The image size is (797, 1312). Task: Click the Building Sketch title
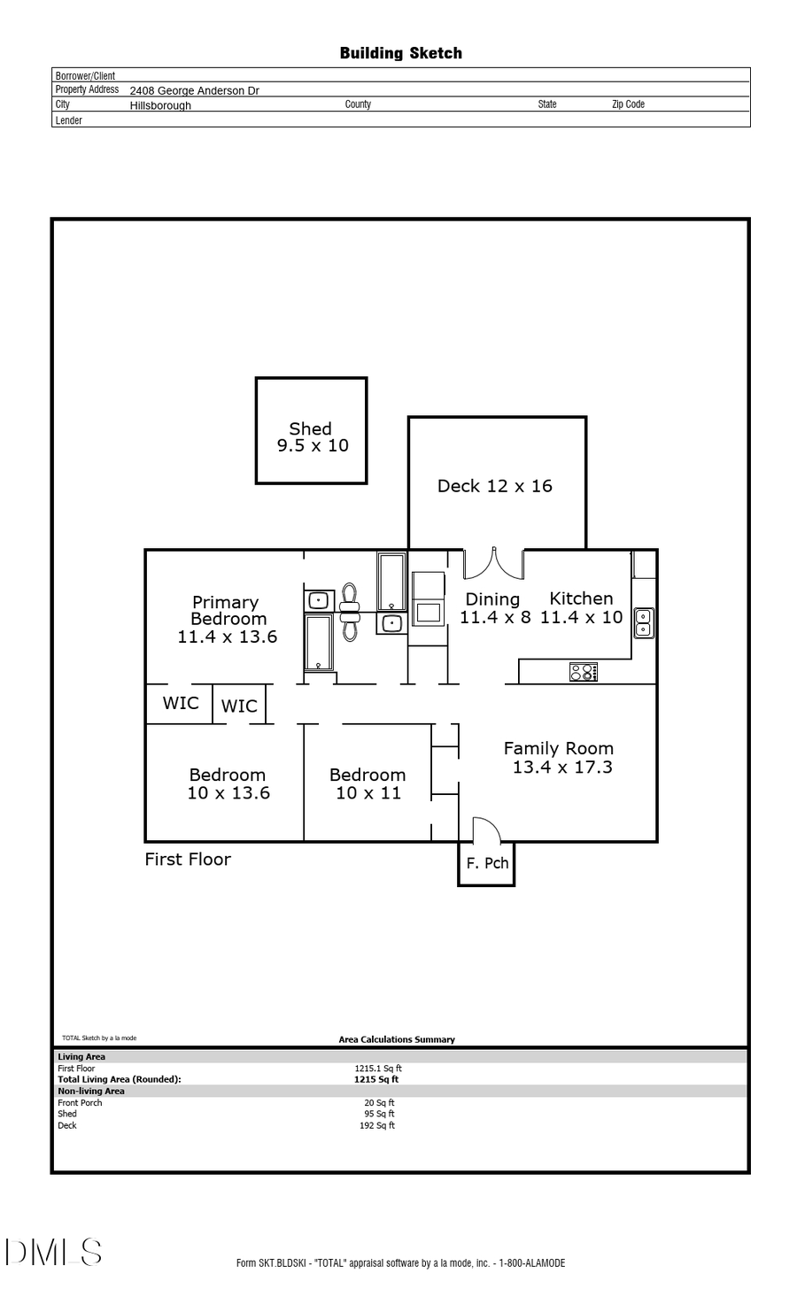tap(400, 53)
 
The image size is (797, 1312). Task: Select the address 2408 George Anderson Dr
tap(194, 90)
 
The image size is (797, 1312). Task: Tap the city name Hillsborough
tap(160, 105)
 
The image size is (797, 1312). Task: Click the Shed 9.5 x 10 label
tap(312, 437)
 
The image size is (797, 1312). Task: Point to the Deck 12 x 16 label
tap(494, 486)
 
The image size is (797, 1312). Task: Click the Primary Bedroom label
tap(227, 619)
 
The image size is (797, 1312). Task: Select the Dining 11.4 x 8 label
tap(494, 608)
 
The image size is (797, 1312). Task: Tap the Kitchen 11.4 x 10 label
tap(581, 608)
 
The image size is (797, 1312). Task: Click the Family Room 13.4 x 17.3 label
tap(559, 758)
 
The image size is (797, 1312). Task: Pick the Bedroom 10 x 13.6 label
tap(228, 783)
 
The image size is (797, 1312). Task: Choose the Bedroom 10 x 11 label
tap(368, 783)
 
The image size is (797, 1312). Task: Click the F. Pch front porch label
tap(487, 863)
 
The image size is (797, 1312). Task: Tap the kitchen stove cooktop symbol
tap(583, 672)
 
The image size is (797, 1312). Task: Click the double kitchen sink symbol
tap(644, 623)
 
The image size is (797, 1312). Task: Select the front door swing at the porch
tap(486, 830)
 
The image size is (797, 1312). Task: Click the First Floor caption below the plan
tap(188, 860)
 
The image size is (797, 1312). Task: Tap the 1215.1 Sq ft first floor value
tap(378, 1069)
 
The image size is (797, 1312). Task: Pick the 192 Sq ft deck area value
tap(377, 1126)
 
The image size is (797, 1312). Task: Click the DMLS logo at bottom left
tap(54, 1252)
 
